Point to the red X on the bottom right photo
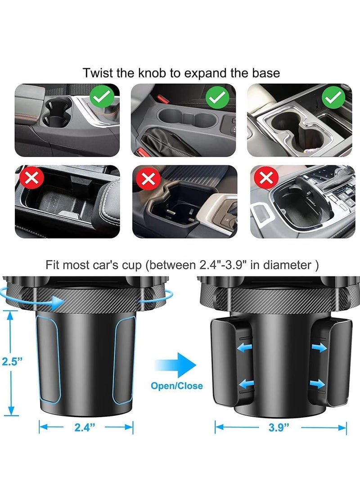(x=265, y=179)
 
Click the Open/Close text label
(x=177, y=386)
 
